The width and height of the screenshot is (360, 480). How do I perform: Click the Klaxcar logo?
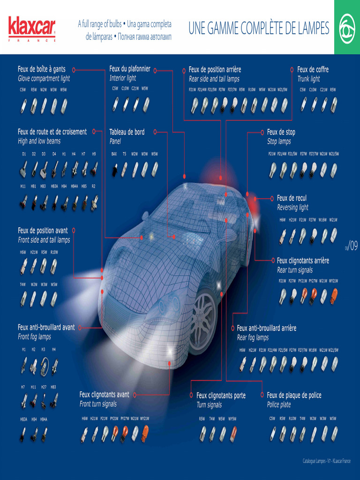point(31,28)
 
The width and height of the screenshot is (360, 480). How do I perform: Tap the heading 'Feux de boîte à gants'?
point(42,69)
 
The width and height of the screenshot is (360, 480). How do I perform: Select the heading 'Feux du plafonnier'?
point(130,69)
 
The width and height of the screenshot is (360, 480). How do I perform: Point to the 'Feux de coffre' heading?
point(313,69)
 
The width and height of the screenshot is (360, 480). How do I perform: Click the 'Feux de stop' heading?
point(281,132)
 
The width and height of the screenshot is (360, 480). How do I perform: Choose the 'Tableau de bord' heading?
point(127,132)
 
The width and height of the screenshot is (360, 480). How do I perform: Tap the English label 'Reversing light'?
point(292,208)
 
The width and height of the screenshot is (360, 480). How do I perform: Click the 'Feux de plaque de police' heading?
point(294,396)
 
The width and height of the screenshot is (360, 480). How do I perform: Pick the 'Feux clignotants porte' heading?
point(221,396)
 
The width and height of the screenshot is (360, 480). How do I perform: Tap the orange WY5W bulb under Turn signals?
point(233,433)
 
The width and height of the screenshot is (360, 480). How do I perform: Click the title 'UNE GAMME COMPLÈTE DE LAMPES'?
point(259,28)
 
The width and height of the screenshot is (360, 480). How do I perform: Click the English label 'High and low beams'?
point(39,141)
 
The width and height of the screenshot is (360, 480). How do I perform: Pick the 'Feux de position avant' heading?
point(43,231)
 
